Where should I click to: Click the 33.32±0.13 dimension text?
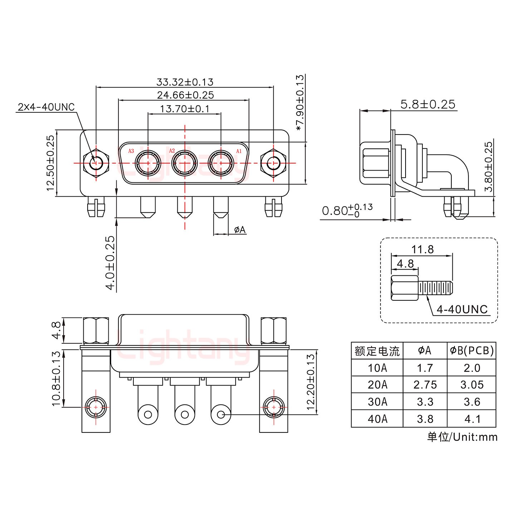pyautogui.click(x=185, y=82)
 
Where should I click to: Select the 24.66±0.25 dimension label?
pyautogui.click(x=185, y=95)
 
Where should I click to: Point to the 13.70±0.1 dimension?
pyautogui.click(x=185, y=108)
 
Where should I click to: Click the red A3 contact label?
pyautogui.click(x=131, y=151)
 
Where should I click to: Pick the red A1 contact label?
pyautogui.click(x=239, y=151)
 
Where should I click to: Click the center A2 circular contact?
pyautogui.click(x=185, y=163)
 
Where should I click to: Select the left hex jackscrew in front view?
pyautogui.click(x=95, y=163)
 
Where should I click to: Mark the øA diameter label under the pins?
pyautogui.click(x=240, y=230)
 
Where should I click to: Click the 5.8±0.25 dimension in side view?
pyautogui.click(x=428, y=104)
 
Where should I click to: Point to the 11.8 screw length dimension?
pyautogui.click(x=422, y=249)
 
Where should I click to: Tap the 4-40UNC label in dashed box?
pyautogui.click(x=462, y=309)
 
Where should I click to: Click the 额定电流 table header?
pyautogui.click(x=377, y=351)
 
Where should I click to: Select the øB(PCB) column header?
pyautogui.click(x=472, y=351)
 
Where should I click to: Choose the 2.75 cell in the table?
pyautogui.click(x=425, y=385)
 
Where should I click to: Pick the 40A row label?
pyautogui.click(x=377, y=419)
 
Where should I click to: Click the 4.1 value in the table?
pyautogui.click(x=472, y=419)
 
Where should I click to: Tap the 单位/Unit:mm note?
pyautogui.click(x=462, y=437)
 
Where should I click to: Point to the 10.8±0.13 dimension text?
pyautogui.click(x=56, y=378)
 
